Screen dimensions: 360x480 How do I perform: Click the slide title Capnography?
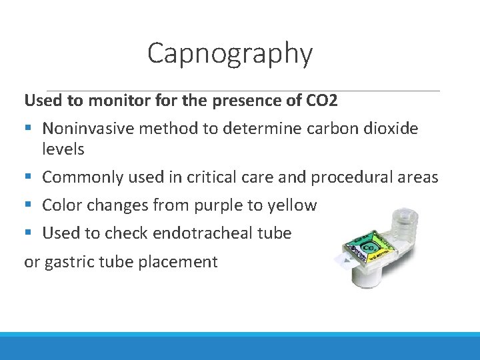coord(229,53)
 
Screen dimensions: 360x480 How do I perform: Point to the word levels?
coord(63,149)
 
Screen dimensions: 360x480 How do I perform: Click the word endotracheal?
coord(213,233)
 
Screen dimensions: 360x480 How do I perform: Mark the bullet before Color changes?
coord(29,205)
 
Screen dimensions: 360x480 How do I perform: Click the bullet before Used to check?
coord(29,233)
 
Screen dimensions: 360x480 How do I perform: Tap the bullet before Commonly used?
coord(29,177)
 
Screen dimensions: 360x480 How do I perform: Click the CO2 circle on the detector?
coord(368,248)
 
